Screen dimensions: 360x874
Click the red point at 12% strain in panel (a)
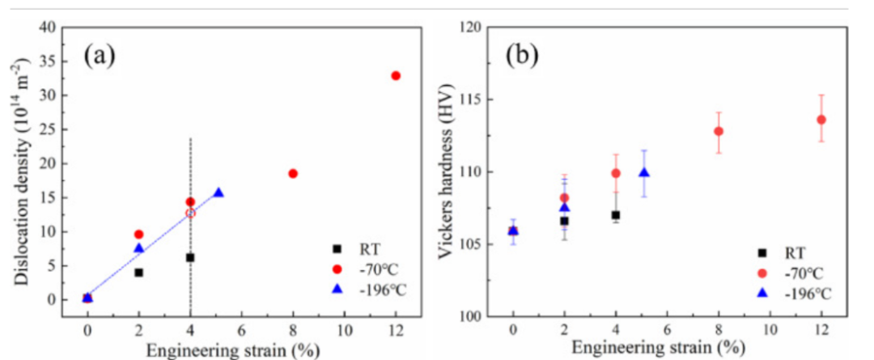pos(396,75)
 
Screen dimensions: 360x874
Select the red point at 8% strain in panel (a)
pos(293,173)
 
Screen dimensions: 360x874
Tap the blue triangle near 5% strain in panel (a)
pos(218,193)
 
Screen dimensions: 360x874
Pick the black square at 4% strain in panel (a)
pos(190,257)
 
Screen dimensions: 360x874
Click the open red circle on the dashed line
pos(190,213)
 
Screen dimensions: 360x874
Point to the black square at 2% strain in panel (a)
pos(138,273)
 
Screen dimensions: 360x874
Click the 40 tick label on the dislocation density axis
pos(49,28)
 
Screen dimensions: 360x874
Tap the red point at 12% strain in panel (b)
pos(821,120)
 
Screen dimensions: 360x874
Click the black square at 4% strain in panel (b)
pos(615,215)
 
